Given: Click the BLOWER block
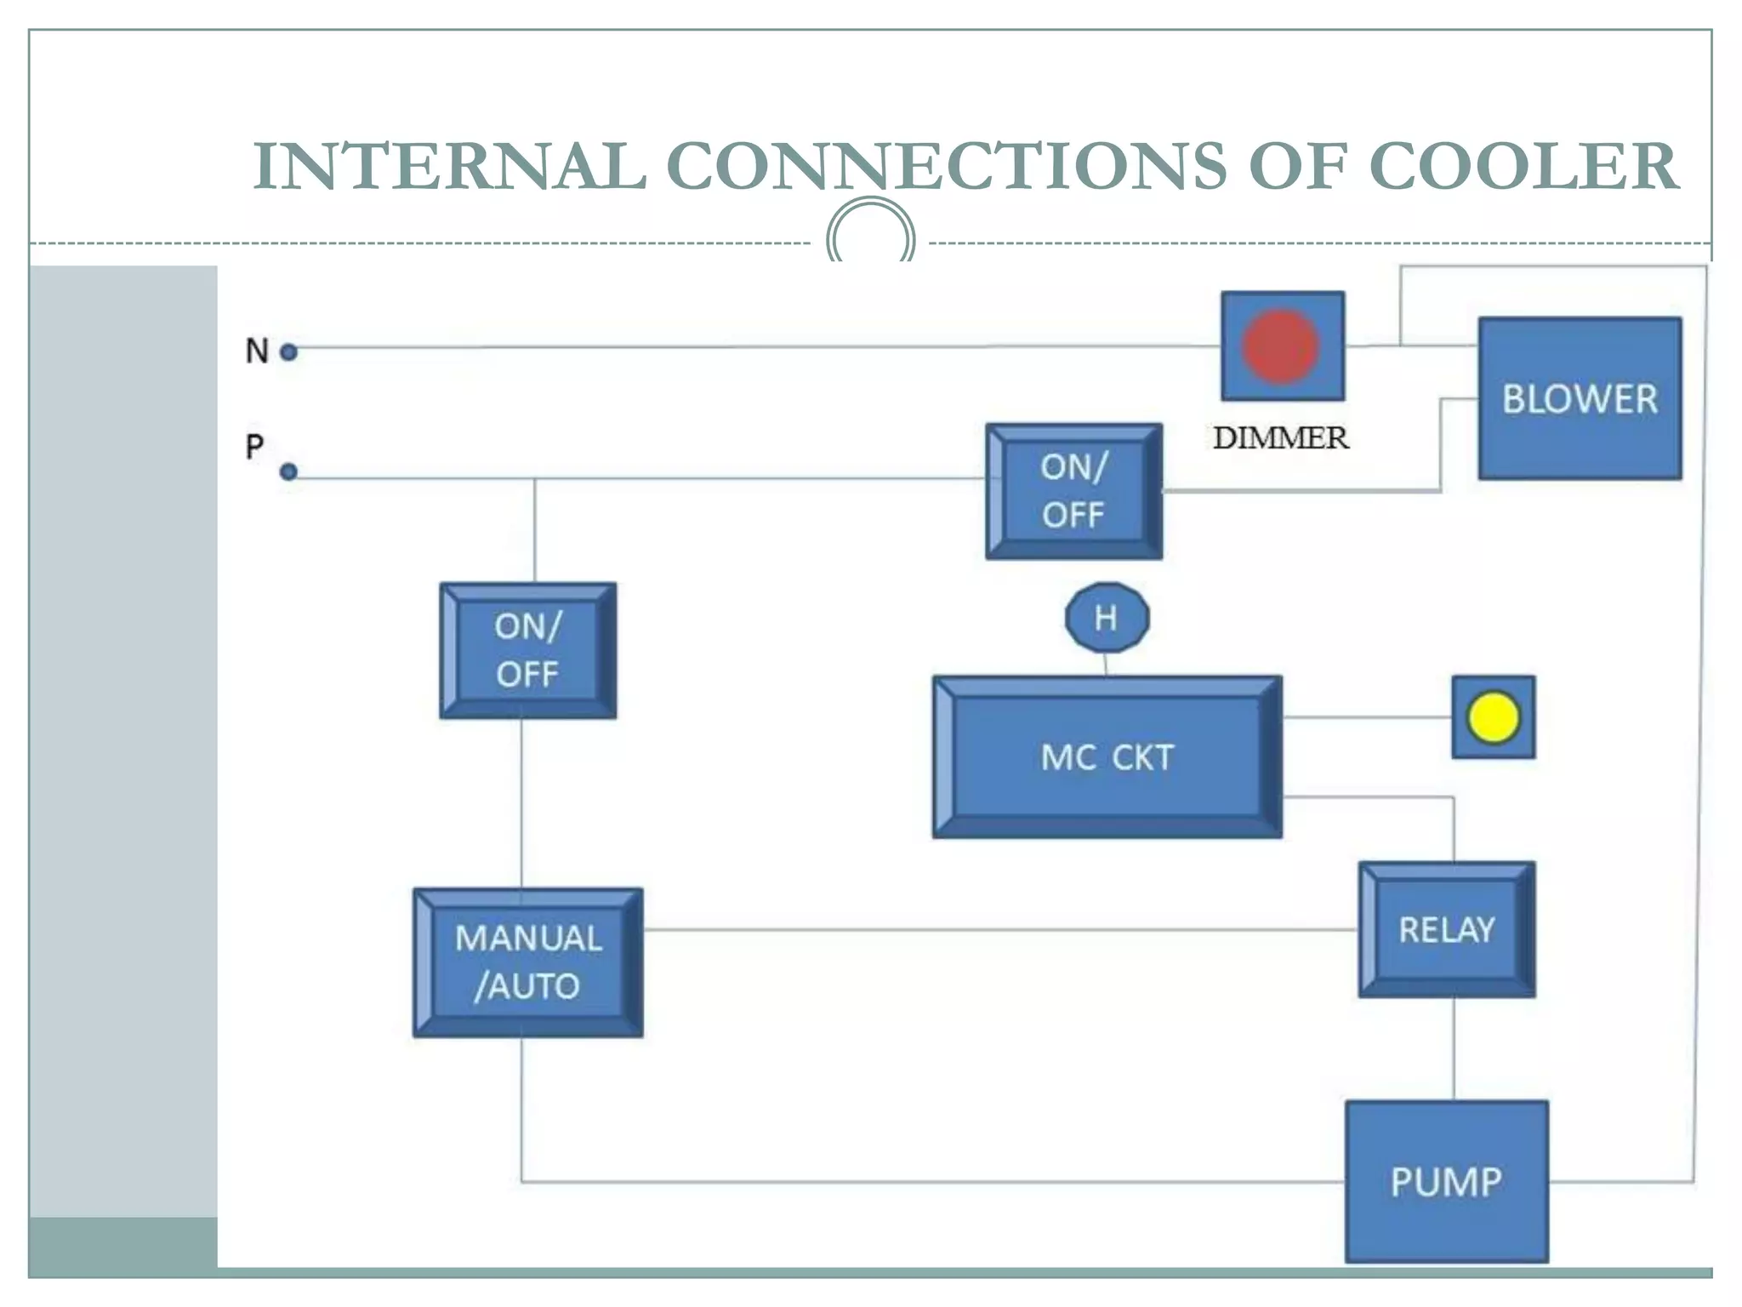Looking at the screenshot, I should click(x=1580, y=398).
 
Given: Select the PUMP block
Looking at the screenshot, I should click(x=1446, y=1181).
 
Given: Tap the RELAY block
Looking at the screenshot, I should click(x=1447, y=929).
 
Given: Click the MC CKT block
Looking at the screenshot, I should click(x=1107, y=757).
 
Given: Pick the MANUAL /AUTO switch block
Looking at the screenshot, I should click(x=527, y=962).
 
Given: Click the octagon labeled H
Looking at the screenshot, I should click(x=1107, y=618).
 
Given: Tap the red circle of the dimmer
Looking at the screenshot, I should click(x=1280, y=346).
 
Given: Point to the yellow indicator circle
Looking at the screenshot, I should click(x=1493, y=717).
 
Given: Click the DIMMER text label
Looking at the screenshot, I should click(x=1280, y=438).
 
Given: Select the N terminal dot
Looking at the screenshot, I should click(x=289, y=351).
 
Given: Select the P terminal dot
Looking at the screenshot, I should click(x=289, y=471).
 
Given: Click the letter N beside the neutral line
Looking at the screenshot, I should click(x=257, y=351).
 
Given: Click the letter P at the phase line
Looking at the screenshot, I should click(x=254, y=446).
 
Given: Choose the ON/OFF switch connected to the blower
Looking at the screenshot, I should click(x=1073, y=491).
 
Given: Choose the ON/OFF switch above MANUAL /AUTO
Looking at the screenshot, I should click(x=527, y=651).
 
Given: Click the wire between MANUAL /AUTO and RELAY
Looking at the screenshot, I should click(x=999, y=929).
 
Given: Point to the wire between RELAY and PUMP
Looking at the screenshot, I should click(x=1453, y=1048).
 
